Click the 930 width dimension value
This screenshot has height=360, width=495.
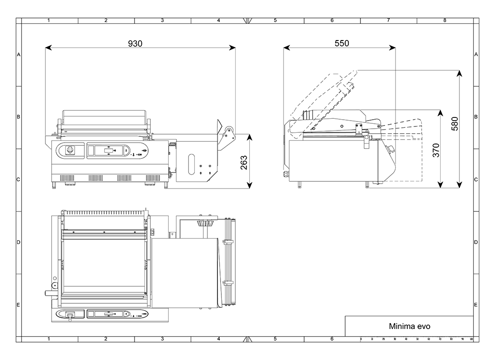point(135,44)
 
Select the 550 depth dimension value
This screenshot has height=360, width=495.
point(342,43)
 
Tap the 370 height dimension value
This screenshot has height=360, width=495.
point(436,150)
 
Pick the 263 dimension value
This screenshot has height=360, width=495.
point(243,162)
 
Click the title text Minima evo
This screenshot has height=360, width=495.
point(409,326)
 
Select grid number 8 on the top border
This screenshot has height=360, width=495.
point(445,20)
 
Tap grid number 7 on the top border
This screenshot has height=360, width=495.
point(388,20)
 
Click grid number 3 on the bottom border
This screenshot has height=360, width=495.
point(162,338)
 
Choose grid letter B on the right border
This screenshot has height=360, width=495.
point(476,117)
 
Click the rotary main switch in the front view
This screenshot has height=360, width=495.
point(70,149)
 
